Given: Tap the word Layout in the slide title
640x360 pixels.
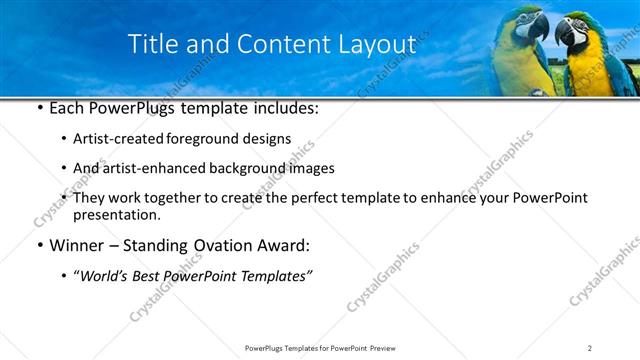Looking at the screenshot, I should click(374, 44).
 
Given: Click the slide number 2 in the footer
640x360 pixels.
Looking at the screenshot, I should click(590, 348).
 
